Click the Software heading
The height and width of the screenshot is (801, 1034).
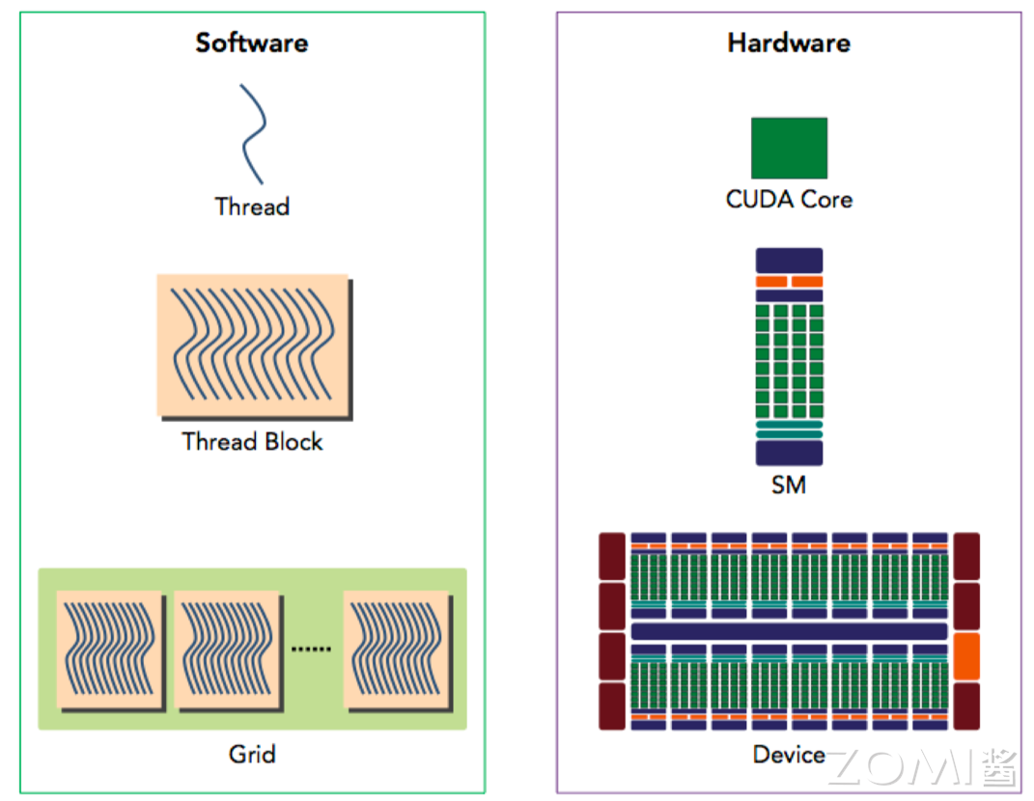[x=252, y=43]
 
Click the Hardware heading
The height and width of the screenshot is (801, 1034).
[x=789, y=43]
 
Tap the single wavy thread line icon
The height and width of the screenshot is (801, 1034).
[x=253, y=133]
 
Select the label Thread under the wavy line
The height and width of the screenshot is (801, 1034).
[x=252, y=207]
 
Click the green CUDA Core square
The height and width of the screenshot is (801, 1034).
[x=789, y=148]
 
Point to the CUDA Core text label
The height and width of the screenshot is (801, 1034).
[x=789, y=200]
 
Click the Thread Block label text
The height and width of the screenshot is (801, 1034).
[x=252, y=442]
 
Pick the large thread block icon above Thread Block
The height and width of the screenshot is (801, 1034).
[x=252, y=345]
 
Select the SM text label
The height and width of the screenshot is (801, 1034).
[x=789, y=484]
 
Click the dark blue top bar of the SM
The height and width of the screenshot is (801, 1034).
[x=789, y=260]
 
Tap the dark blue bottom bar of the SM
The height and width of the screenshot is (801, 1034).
[x=789, y=454]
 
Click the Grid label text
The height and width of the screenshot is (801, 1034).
[x=252, y=754]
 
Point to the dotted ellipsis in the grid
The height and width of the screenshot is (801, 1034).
[x=311, y=649]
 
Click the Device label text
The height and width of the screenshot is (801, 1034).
[x=789, y=755]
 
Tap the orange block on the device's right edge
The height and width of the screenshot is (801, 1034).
[x=965, y=656]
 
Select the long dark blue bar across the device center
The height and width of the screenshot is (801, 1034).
[x=789, y=631]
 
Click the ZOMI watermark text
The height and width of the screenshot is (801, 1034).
[x=922, y=768]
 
